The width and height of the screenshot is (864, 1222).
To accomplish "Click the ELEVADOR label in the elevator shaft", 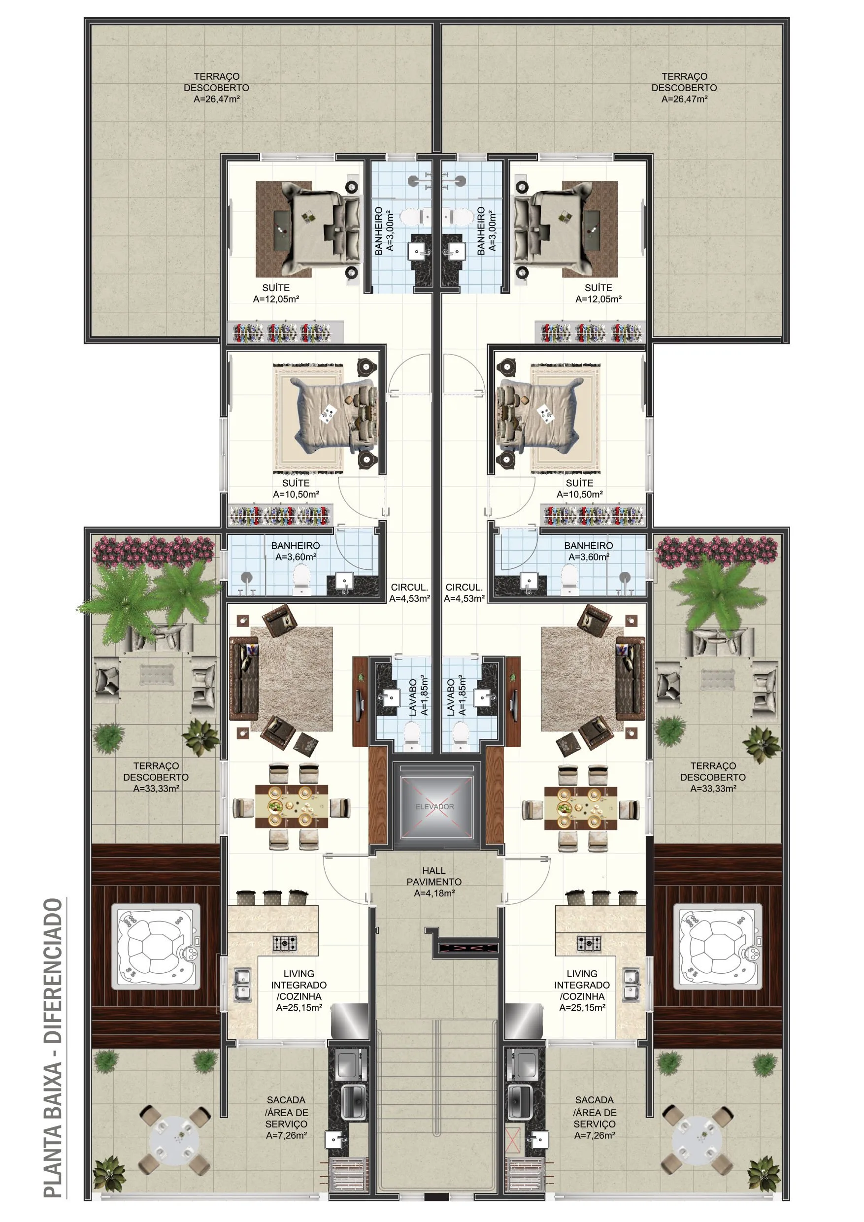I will [434, 806].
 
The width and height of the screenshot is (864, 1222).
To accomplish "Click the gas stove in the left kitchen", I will [285, 943].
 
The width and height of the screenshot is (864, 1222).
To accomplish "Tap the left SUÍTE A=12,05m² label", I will [276, 293].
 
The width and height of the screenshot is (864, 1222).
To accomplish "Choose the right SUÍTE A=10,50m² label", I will [579, 488].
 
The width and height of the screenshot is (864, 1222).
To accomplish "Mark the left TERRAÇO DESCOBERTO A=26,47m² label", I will [216, 88].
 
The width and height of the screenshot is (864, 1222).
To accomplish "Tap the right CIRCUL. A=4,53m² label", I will [464, 593].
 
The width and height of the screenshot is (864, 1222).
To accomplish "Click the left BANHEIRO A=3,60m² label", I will [296, 551].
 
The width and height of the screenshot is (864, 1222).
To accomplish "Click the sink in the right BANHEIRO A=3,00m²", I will [455, 250].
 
